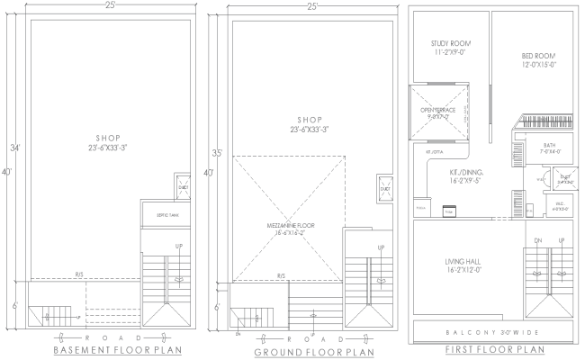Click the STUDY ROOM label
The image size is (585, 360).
coord(451,48)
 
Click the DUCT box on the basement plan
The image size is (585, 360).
coord(183,187)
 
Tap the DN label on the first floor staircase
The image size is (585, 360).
coord(539,241)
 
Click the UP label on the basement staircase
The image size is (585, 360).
coord(178,247)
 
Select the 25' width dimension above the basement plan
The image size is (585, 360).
coord(108,7)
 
